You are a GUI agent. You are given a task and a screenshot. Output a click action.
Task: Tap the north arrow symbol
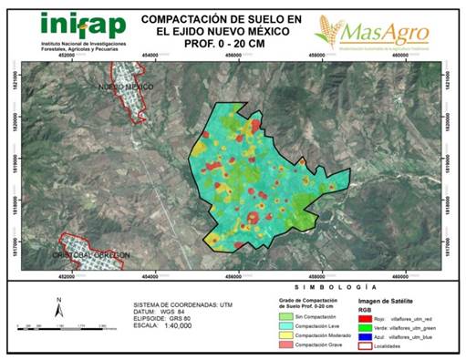pyautogui.click(x=58, y=308)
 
